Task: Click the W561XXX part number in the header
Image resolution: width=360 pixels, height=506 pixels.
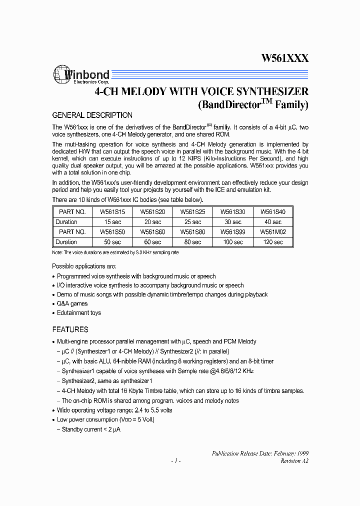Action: tap(284, 58)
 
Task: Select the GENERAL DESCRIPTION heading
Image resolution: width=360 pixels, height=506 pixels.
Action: tap(92, 115)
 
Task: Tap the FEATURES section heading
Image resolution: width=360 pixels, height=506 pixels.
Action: tap(70, 329)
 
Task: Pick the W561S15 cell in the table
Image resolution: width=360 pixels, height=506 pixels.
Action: tap(112, 211)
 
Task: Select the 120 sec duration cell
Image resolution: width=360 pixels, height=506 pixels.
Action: tap(273, 242)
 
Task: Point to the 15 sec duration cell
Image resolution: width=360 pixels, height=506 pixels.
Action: tap(112, 222)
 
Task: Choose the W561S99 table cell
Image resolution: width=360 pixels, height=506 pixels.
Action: tap(233, 232)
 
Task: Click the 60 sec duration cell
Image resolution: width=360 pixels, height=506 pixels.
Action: tap(152, 242)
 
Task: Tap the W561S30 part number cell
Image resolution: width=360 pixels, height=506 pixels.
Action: tap(233, 211)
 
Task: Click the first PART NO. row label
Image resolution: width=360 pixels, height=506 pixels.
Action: tap(72, 211)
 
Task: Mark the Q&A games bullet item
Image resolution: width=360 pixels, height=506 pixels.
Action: tap(72, 303)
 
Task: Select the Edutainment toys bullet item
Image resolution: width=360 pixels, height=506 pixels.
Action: tap(78, 312)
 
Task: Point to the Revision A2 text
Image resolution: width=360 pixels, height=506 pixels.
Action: tap(294, 461)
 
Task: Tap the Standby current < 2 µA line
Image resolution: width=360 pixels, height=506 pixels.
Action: tap(90, 429)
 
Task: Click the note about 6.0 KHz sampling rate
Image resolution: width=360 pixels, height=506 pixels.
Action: tap(115, 252)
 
